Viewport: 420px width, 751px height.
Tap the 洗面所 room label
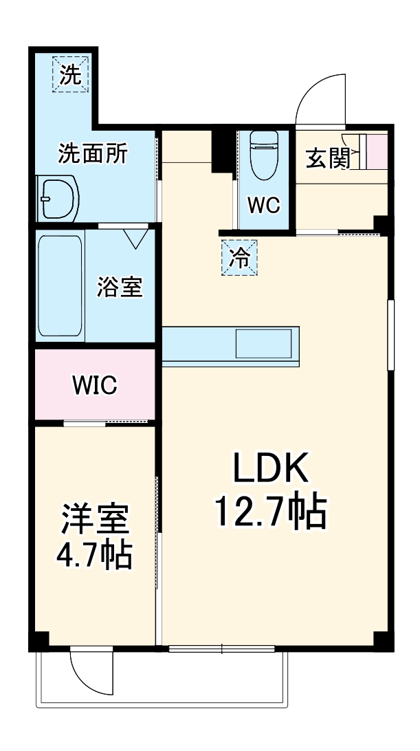pos(92,153)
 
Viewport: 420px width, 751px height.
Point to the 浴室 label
pos(120,286)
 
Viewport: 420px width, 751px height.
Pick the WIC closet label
pos(95,385)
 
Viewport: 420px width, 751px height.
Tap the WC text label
pos(263,205)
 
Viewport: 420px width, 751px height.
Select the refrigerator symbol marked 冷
pos(239,257)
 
